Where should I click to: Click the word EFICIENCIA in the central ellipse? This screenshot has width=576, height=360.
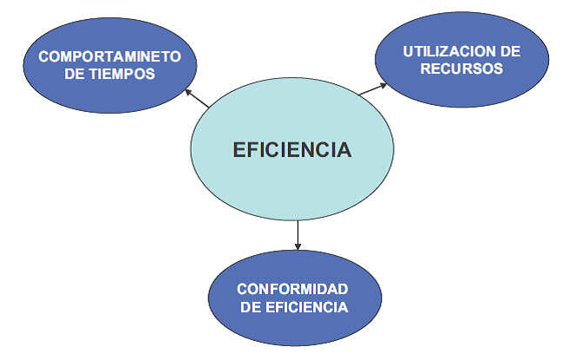click(292, 150)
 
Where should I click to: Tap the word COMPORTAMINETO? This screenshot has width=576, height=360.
click(109, 56)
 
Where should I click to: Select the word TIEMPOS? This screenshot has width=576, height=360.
click(123, 74)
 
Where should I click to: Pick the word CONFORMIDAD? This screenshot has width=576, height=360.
click(292, 289)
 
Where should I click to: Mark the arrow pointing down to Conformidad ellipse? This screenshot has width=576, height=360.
click(298, 235)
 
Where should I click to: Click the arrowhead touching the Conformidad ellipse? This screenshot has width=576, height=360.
click(298, 246)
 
